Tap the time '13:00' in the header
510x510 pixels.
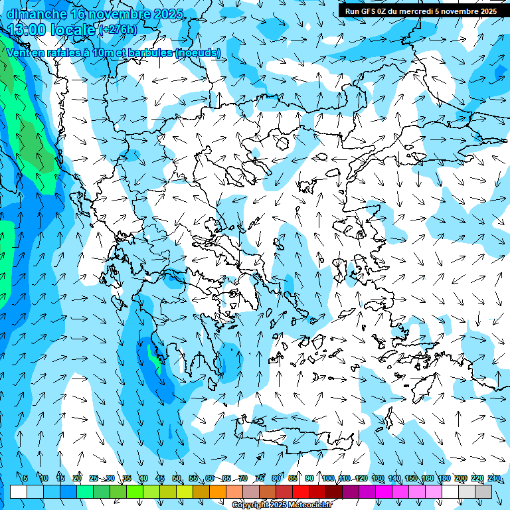coord(28,29)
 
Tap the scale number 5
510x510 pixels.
coord(25,478)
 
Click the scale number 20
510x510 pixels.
coord(77,478)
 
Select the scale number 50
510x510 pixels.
coord(177,478)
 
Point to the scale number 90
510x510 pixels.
coord(309,478)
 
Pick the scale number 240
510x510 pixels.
coord(493,478)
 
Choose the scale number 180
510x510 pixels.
coord(444,478)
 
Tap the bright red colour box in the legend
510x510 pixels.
coord(301,492)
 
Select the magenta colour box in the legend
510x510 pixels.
coord(384,492)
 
